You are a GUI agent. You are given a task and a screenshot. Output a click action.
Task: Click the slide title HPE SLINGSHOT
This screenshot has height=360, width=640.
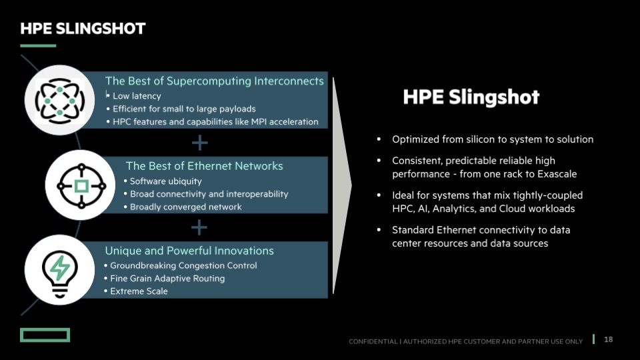pyautogui.click(x=83, y=29)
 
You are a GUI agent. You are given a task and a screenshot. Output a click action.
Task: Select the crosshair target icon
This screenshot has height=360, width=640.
pyautogui.click(x=81, y=186)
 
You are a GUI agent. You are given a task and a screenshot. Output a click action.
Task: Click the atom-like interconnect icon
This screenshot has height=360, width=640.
pyautogui.click(x=59, y=101)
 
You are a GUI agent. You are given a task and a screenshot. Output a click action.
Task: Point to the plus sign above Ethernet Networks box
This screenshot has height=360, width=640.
pyautogui.click(x=199, y=143)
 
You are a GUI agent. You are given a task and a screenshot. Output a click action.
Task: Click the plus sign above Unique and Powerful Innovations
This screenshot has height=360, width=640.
pyautogui.click(x=199, y=228)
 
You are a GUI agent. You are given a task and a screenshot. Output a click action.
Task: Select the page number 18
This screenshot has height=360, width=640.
pyautogui.click(x=608, y=339)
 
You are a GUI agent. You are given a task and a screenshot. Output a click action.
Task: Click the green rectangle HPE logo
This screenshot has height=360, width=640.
pyautogui.click(x=45, y=335)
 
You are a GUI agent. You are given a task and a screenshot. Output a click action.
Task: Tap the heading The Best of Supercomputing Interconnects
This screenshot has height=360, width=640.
pyautogui.click(x=214, y=81)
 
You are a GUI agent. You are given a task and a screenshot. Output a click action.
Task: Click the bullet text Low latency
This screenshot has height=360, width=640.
pyautogui.click(x=137, y=96)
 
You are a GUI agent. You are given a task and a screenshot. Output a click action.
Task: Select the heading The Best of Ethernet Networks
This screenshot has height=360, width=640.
pyautogui.click(x=204, y=166)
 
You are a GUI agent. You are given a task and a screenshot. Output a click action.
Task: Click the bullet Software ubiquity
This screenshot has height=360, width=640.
pyautogui.click(x=166, y=181)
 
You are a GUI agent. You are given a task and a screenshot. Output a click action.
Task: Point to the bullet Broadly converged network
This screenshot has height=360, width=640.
pyautogui.click(x=186, y=207)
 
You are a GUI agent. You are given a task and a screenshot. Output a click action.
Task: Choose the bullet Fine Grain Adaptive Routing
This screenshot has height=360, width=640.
pyautogui.click(x=167, y=279)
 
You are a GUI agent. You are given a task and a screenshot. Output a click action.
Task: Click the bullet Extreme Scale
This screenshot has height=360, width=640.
pyautogui.click(x=139, y=291)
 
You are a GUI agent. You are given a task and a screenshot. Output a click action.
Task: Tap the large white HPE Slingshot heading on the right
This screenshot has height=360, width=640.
pyautogui.click(x=471, y=97)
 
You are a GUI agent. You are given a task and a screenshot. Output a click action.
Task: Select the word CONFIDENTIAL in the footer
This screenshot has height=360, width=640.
pyautogui.click(x=373, y=341)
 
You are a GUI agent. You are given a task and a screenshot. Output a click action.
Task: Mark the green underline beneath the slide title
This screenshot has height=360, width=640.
pyautogui.click(x=38, y=46)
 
